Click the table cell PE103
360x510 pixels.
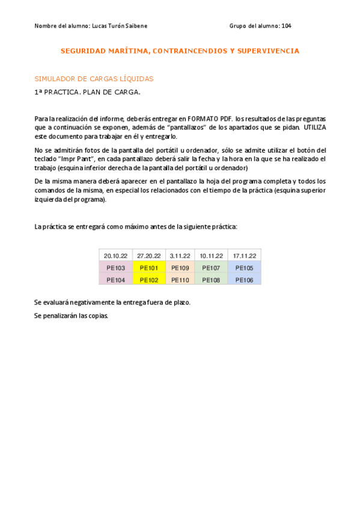point(115,268)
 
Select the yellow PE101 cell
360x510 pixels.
point(148,268)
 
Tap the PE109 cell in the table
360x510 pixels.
point(180,268)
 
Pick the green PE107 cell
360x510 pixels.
point(212,268)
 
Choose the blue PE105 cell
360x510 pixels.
point(245,268)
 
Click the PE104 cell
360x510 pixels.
point(115,280)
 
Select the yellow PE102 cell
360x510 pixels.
point(148,280)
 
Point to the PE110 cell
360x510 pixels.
point(180,280)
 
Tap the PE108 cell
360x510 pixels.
point(212,280)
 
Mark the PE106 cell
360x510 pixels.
point(245,280)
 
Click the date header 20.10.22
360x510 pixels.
point(115,256)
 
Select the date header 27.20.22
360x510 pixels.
point(148,256)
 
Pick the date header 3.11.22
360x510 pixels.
point(180,256)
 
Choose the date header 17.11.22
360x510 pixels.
point(245,256)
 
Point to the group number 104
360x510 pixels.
point(286,26)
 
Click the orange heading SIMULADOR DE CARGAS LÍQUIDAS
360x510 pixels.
point(94,79)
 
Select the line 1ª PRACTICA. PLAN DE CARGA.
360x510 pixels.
point(87,93)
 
